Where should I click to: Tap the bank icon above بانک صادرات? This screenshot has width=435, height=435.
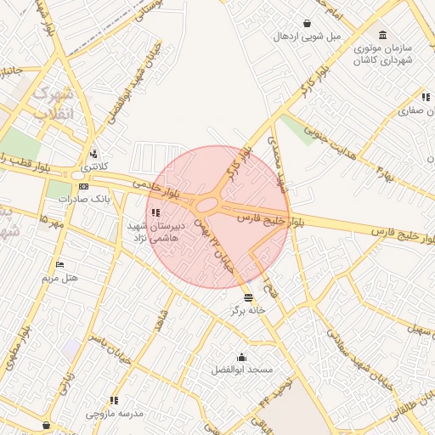[83, 186]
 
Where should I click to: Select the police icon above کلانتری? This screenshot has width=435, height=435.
[93, 155]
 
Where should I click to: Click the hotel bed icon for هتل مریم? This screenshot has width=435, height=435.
[59, 264]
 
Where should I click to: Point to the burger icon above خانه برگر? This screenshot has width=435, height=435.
[248, 297]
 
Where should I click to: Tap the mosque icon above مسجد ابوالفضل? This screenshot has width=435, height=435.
[241, 357]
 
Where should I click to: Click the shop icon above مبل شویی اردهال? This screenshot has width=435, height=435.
[306, 24]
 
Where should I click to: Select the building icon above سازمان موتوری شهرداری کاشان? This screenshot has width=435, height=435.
[384, 35]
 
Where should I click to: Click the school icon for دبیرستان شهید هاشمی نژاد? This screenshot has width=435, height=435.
[155, 212]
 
